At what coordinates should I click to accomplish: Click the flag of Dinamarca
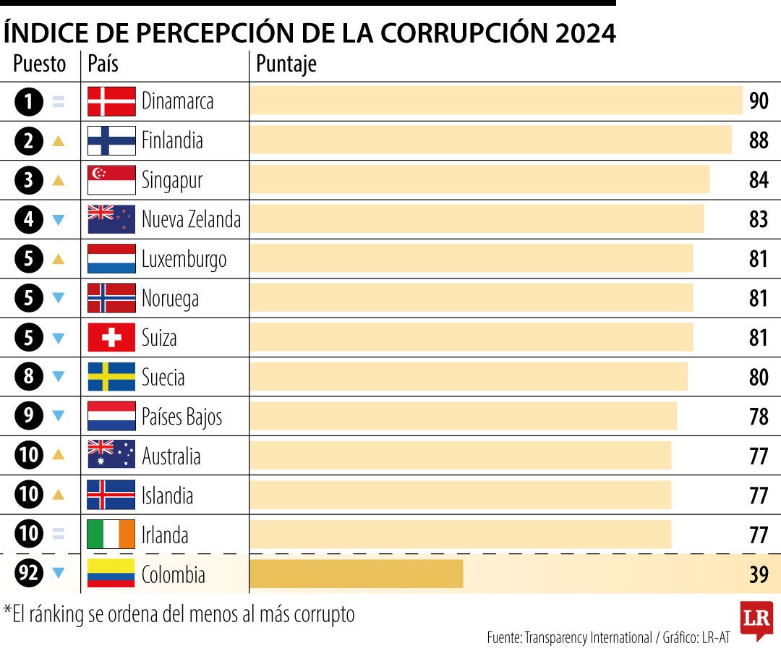pos(111,101)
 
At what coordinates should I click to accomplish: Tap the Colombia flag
pos(111,574)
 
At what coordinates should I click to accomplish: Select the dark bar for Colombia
pos(356,574)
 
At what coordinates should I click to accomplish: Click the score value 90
pos(758,101)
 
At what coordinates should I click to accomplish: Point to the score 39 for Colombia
pos(758,574)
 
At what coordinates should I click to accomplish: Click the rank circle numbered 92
pos(29,574)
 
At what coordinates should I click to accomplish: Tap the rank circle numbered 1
pos(29,102)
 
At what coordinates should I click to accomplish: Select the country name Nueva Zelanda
pos(191,219)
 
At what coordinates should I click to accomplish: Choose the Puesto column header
pos(39,65)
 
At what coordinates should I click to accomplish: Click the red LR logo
pos(756,619)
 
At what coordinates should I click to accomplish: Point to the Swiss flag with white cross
pos(111,338)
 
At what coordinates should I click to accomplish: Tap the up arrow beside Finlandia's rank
pos(59,141)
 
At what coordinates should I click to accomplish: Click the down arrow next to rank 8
pos(59,377)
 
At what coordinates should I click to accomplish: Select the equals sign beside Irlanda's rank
pos(59,535)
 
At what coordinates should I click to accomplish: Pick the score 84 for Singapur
pos(758,180)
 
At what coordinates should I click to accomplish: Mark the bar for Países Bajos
pos(463,416)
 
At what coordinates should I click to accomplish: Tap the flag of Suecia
pos(111,377)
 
